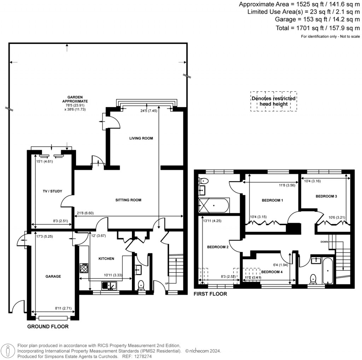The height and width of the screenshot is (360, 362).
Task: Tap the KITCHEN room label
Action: point(106,259)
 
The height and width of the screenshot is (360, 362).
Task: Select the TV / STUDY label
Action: point(52,191)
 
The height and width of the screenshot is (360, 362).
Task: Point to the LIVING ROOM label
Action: point(141,138)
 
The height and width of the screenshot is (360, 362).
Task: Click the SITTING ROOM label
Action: point(128,200)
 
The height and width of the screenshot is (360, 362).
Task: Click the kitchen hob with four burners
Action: point(84,268)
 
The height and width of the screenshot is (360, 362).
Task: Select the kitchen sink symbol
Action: point(109,285)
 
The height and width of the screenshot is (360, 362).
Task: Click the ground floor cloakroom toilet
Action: point(141,284)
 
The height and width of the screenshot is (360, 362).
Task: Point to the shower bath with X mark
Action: point(214,205)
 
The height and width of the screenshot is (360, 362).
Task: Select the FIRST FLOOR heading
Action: point(210,294)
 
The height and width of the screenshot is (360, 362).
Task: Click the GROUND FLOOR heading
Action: point(48,326)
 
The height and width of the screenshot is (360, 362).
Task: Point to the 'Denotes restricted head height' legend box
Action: point(274,101)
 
